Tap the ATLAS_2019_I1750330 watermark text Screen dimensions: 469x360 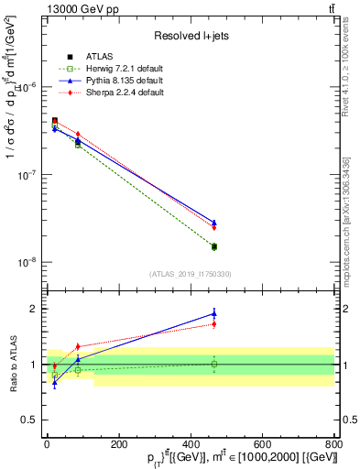coord(190,274)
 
